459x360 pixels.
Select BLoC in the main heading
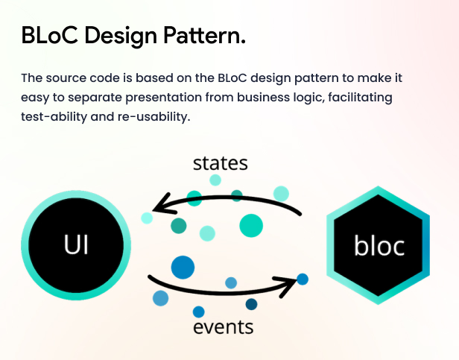click(x=48, y=34)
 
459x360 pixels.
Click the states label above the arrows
click(x=220, y=162)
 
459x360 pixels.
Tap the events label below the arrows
click(x=224, y=327)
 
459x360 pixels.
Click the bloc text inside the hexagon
click(x=379, y=245)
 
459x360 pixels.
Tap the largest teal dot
click(x=251, y=225)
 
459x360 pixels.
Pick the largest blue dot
click(x=183, y=266)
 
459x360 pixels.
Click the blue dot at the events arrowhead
click(x=303, y=280)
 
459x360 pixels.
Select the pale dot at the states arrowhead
click(x=147, y=218)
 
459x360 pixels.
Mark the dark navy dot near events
click(x=251, y=304)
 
